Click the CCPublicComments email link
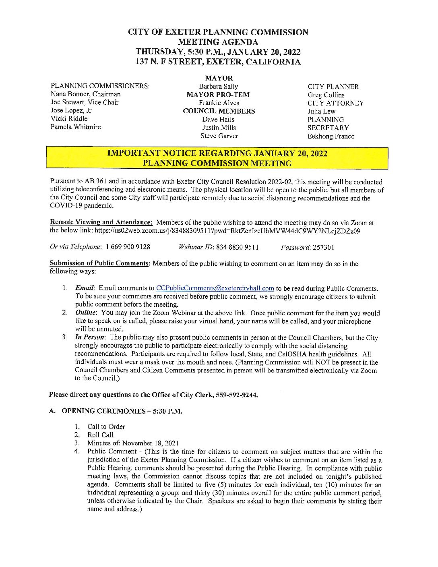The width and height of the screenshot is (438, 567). pyautogui.click(x=215, y=288)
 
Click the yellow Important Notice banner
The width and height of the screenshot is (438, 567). pyautogui.click(x=217, y=158)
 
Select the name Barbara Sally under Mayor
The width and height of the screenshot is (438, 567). pyautogui.click(x=218, y=86)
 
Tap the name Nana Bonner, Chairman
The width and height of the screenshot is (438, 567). pyautogui.click(x=85, y=94)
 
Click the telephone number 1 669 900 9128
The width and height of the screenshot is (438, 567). pyautogui.click(x=128, y=247)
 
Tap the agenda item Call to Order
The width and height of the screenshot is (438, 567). pyautogui.click(x=106, y=426)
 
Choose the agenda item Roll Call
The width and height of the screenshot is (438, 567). pyautogui.click(x=100, y=435)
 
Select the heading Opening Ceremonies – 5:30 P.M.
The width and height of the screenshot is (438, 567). pyautogui.click(x=122, y=411)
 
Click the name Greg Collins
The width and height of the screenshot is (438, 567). pyautogui.click(x=326, y=95)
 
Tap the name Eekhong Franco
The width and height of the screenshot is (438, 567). pyautogui.click(x=331, y=136)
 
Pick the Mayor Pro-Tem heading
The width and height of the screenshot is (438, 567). pyautogui.click(x=218, y=95)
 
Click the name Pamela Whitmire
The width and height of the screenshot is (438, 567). pyautogui.click(x=76, y=127)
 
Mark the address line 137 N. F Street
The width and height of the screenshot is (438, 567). pyautogui.click(x=218, y=62)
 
